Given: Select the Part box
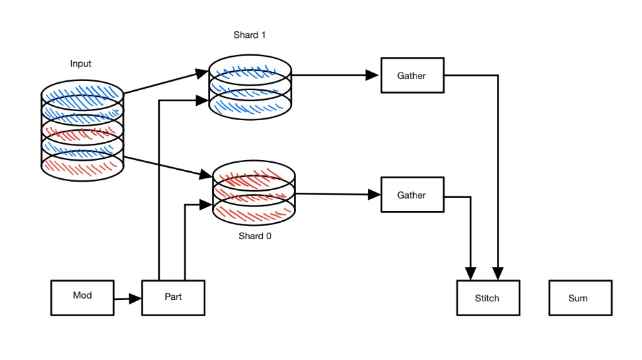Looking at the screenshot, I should coord(173,297).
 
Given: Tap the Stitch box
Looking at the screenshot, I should coord(488,298).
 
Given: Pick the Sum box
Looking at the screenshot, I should coord(580,298).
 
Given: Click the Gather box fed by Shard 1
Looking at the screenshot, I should coord(412,76).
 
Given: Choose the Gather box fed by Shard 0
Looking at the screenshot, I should coord(412,195).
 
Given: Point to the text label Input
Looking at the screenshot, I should coord(81,63).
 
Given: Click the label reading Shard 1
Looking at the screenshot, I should coord(250,35).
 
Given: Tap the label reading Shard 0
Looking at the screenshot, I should coord(254,236).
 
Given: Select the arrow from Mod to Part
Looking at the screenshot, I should coord(127,299).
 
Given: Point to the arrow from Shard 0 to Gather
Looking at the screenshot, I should coord(337,194).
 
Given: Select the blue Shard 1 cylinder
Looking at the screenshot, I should coord(250,88).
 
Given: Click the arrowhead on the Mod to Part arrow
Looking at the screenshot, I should coord(135,299).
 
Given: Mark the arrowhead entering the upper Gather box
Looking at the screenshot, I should coord(373,75).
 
